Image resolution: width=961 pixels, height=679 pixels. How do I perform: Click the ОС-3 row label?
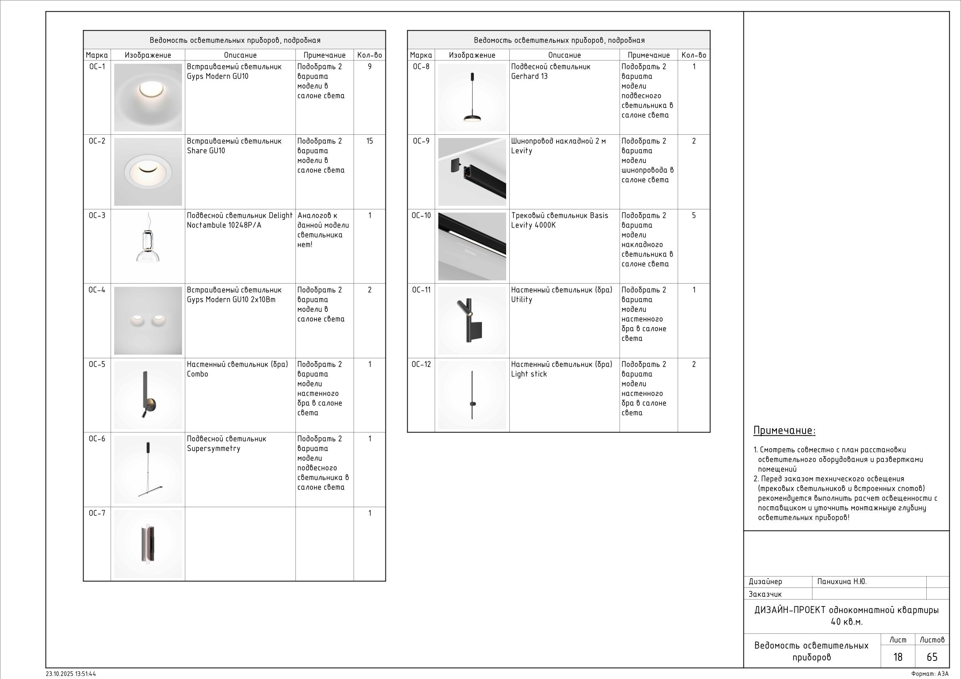[x=97, y=215]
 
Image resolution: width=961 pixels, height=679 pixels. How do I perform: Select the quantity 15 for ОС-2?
[x=369, y=141]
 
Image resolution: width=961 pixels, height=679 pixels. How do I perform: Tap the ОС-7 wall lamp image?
[x=148, y=544]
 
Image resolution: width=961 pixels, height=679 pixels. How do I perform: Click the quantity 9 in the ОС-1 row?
[x=369, y=67]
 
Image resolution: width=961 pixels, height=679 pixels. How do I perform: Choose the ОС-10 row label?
[x=421, y=215]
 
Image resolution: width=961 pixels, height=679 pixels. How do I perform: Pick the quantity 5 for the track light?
[x=693, y=215]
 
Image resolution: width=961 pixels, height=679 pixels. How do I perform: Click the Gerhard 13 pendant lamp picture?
[x=472, y=97]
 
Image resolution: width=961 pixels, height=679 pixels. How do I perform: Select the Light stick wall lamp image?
[x=472, y=395]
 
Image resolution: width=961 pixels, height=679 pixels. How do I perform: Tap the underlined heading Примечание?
[x=784, y=430]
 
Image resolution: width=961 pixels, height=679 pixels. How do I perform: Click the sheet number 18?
[x=897, y=657]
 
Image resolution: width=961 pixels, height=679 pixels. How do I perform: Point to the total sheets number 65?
[x=932, y=657]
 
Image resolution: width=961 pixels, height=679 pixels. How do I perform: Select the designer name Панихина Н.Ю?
[x=842, y=581]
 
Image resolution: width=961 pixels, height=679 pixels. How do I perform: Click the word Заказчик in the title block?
[x=765, y=594]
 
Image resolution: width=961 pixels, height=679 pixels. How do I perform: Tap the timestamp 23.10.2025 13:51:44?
[x=71, y=674]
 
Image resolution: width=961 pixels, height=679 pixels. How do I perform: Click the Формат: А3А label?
[x=930, y=674]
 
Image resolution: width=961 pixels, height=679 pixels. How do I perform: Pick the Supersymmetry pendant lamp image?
[x=148, y=469]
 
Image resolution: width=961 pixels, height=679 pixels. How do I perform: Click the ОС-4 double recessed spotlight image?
[x=148, y=320]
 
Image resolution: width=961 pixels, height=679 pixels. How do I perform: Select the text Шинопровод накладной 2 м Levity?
[x=558, y=146]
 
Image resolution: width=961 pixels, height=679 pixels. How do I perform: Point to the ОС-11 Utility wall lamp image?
[x=472, y=320]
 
